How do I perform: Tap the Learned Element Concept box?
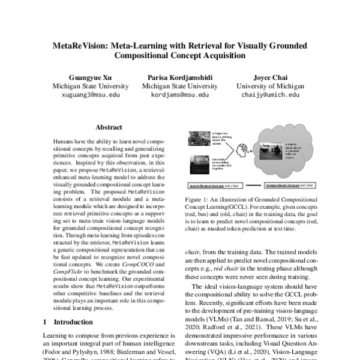208,187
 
